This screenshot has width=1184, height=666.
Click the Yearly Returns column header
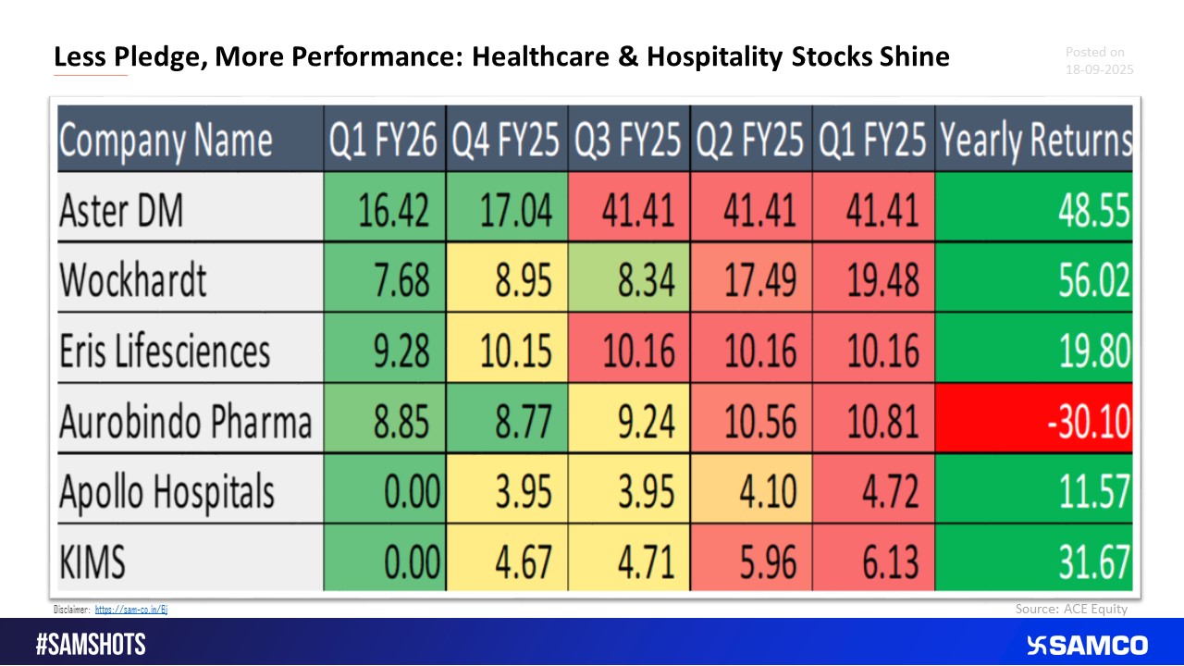pos(1035,141)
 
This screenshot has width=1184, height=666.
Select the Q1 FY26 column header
pos(384,141)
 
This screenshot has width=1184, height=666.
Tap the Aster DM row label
pos(121,209)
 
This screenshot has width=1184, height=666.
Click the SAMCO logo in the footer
pos(1087,645)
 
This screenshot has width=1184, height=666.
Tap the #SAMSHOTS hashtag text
pos(91,645)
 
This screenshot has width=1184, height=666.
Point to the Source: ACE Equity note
pos(1070,609)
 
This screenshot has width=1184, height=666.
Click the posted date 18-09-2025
pos(1099,69)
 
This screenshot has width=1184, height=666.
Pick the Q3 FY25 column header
pos(628,141)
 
